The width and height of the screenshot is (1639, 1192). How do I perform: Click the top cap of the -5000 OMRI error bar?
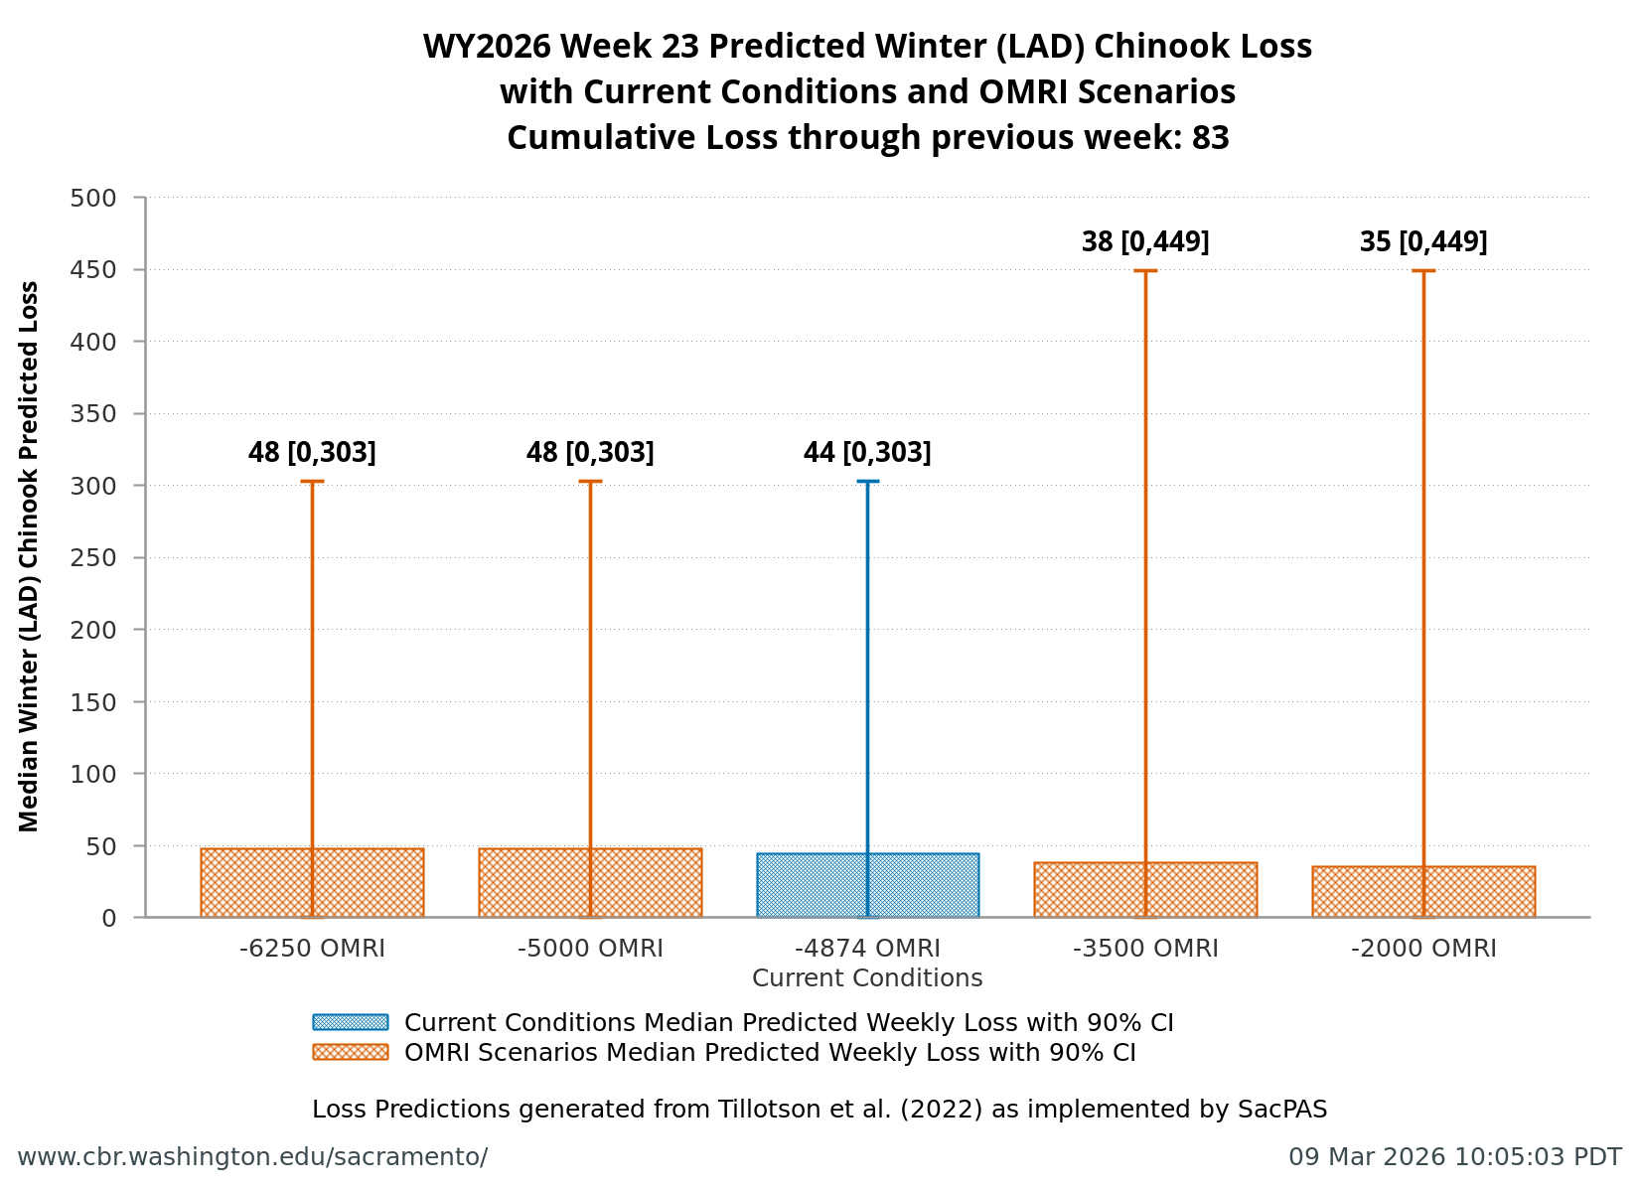[590, 482]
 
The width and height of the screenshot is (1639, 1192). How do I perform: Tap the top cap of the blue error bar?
[867, 482]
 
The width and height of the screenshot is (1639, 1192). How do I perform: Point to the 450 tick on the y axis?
[139, 270]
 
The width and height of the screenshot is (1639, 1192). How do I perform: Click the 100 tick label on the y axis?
[93, 774]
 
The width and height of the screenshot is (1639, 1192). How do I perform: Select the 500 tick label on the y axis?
[93, 198]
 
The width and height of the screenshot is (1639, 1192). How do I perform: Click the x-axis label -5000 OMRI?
[590, 949]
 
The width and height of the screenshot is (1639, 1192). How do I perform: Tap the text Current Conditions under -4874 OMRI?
[867, 978]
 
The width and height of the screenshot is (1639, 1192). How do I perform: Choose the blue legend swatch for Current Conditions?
[350, 1022]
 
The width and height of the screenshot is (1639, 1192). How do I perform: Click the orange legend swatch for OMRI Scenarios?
[350, 1052]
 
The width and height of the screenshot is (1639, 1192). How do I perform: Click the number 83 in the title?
[1210, 137]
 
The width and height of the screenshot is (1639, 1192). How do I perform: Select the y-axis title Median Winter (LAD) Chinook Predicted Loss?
[30, 556]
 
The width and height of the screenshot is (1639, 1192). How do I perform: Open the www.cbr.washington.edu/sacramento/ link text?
[252, 1157]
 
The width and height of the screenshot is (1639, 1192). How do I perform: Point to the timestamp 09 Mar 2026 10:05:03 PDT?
[1454, 1157]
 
